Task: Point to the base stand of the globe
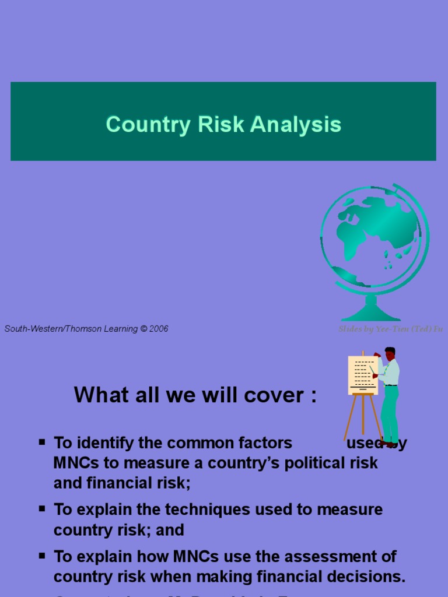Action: (x=371, y=312)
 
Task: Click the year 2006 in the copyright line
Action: (x=159, y=329)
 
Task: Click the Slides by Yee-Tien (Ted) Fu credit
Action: (x=390, y=329)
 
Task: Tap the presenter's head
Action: (x=390, y=353)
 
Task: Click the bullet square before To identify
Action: (x=42, y=442)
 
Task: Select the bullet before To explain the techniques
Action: (x=42, y=508)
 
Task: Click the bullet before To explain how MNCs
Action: (x=42, y=555)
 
